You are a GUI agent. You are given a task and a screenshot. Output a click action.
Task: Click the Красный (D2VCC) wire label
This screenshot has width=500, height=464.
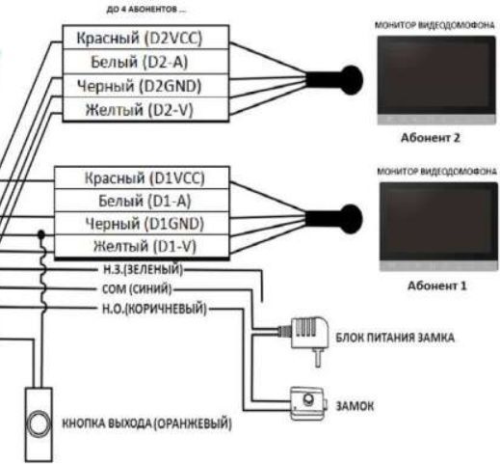pyautogui.click(x=145, y=40)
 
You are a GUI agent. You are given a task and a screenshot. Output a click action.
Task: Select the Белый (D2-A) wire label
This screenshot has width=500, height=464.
pyautogui.click(x=145, y=63)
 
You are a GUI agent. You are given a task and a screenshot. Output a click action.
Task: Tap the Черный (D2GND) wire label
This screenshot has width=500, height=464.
pyautogui.click(x=145, y=87)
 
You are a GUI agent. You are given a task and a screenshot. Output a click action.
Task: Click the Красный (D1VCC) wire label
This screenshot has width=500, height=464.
pyautogui.click(x=145, y=179)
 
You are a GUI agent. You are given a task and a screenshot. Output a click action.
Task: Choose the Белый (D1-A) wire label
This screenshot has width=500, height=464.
pyautogui.click(x=145, y=202)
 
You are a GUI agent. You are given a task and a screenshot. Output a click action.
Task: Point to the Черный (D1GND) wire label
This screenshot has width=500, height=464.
pyautogui.click(x=145, y=224)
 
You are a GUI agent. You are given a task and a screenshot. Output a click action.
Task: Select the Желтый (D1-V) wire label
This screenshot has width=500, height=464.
pyautogui.click(x=145, y=247)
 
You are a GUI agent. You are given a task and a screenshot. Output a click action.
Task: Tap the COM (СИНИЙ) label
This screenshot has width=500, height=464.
pyautogui.click(x=136, y=288)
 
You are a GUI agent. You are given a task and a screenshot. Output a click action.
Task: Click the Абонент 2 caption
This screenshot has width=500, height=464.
pyautogui.click(x=433, y=138)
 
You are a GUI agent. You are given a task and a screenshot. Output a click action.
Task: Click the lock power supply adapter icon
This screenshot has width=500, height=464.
pyautogui.click(x=306, y=335)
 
